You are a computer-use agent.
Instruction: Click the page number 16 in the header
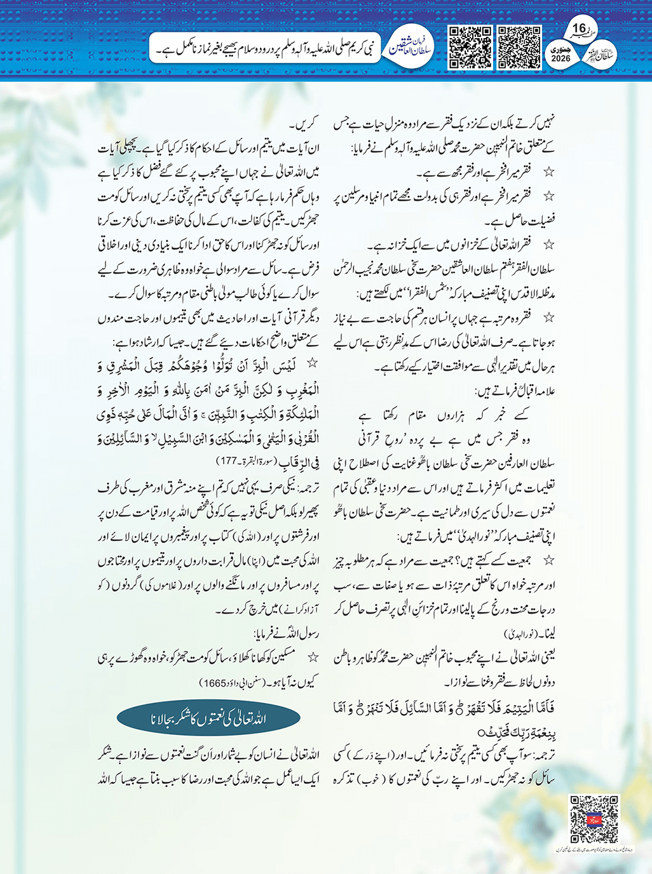[x=578, y=28]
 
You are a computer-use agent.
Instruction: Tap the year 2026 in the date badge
[x=560, y=58]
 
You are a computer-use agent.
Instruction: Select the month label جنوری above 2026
[x=560, y=49]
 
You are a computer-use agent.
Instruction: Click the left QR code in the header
[x=470, y=47]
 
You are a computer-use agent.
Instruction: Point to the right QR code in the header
[x=519, y=47]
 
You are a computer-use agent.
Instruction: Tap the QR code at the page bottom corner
[x=594, y=819]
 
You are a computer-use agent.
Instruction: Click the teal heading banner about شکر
[x=208, y=719]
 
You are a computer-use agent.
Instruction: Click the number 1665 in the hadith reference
[x=214, y=683]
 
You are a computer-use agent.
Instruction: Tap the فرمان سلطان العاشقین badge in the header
[x=411, y=46]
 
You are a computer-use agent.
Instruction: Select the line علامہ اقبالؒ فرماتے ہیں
[x=515, y=391]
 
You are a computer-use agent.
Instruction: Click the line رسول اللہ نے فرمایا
[x=286, y=634]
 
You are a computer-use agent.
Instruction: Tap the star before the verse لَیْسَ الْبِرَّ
[x=312, y=363]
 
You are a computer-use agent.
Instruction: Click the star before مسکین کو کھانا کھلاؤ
[x=312, y=658]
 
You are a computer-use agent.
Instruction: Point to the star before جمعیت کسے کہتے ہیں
[x=548, y=560]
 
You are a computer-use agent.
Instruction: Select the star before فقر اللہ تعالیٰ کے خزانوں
[x=548, y=245]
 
